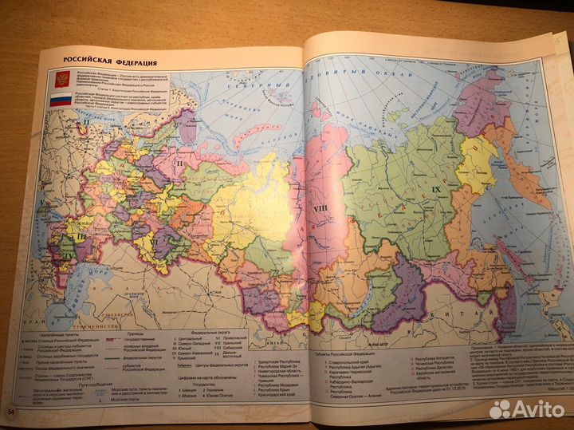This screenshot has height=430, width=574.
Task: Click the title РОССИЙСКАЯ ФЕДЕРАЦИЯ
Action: [x=110, y=61]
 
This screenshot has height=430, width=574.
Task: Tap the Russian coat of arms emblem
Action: [x=61, y=79]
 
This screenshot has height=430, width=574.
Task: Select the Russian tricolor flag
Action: [x=61, y=101]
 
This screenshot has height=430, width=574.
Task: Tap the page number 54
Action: [x=11, y=411]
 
